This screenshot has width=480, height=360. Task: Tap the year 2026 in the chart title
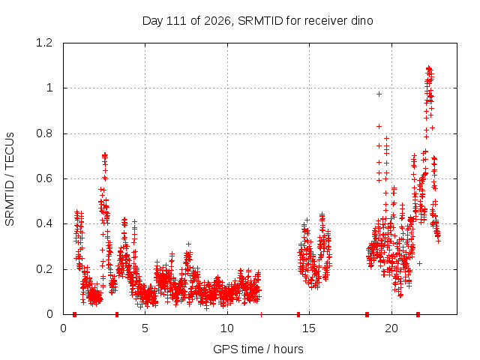217,21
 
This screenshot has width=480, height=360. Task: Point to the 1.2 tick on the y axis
44,43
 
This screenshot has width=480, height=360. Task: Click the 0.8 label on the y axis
44,133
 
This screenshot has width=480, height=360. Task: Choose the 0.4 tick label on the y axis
44,223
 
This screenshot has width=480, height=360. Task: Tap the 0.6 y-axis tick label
44,178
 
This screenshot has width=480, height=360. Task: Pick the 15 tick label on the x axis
309,328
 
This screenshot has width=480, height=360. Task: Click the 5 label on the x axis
145,328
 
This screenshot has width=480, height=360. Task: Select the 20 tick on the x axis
391,328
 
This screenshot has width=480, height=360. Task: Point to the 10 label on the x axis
226,328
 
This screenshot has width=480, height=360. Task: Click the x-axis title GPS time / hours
258,349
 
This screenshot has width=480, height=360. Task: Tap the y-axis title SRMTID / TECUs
10,179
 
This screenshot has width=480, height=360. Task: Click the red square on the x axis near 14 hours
298,314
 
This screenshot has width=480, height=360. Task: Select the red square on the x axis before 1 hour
74,314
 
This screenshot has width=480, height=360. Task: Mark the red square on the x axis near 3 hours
117,314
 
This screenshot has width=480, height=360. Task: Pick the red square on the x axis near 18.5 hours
367,314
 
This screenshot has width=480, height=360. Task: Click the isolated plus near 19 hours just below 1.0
379,94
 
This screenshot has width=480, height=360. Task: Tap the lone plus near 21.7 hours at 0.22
419,263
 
